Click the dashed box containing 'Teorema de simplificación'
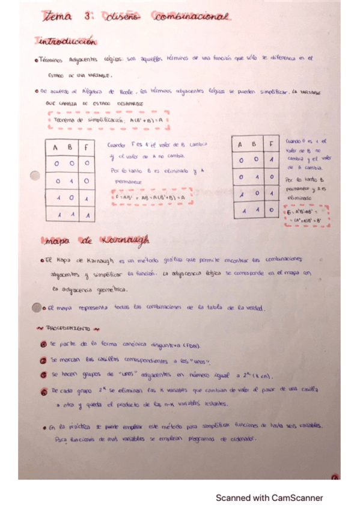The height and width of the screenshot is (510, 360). [109, 120]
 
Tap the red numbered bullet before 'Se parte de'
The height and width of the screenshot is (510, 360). [43, 346]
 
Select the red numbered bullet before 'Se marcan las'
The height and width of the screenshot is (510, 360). [43, 360]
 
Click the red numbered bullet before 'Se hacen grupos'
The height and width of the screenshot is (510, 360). [43, 375]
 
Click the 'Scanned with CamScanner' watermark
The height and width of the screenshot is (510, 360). [269, 497]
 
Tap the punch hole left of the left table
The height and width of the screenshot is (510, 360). [35, 176]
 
